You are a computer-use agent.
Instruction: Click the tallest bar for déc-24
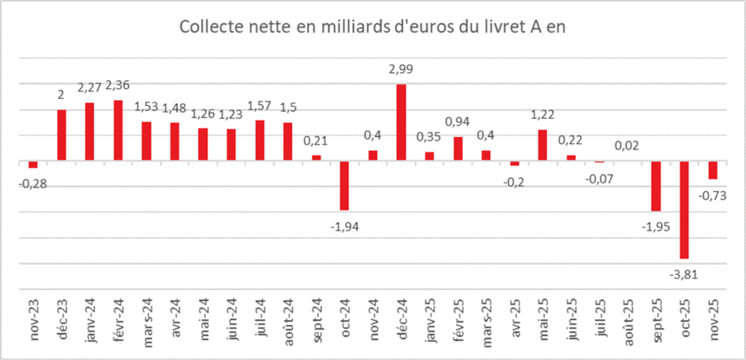click(401, 122)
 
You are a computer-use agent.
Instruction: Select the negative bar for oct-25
click(684, 210)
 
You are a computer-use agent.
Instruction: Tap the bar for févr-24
click(118, 130)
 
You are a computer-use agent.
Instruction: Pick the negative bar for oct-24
click(345, 186)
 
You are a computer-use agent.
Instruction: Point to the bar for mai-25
click(543, 145)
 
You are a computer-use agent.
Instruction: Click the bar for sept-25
click(656, 186)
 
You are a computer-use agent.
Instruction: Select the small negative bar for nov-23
click(33, 165)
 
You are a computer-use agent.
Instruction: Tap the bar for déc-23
click(62, 136)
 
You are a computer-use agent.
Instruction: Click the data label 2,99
click(401, 70)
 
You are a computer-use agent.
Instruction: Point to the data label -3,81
click(684, 274)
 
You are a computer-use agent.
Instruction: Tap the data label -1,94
click(345, 227)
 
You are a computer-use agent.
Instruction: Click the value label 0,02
click(628, 145)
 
